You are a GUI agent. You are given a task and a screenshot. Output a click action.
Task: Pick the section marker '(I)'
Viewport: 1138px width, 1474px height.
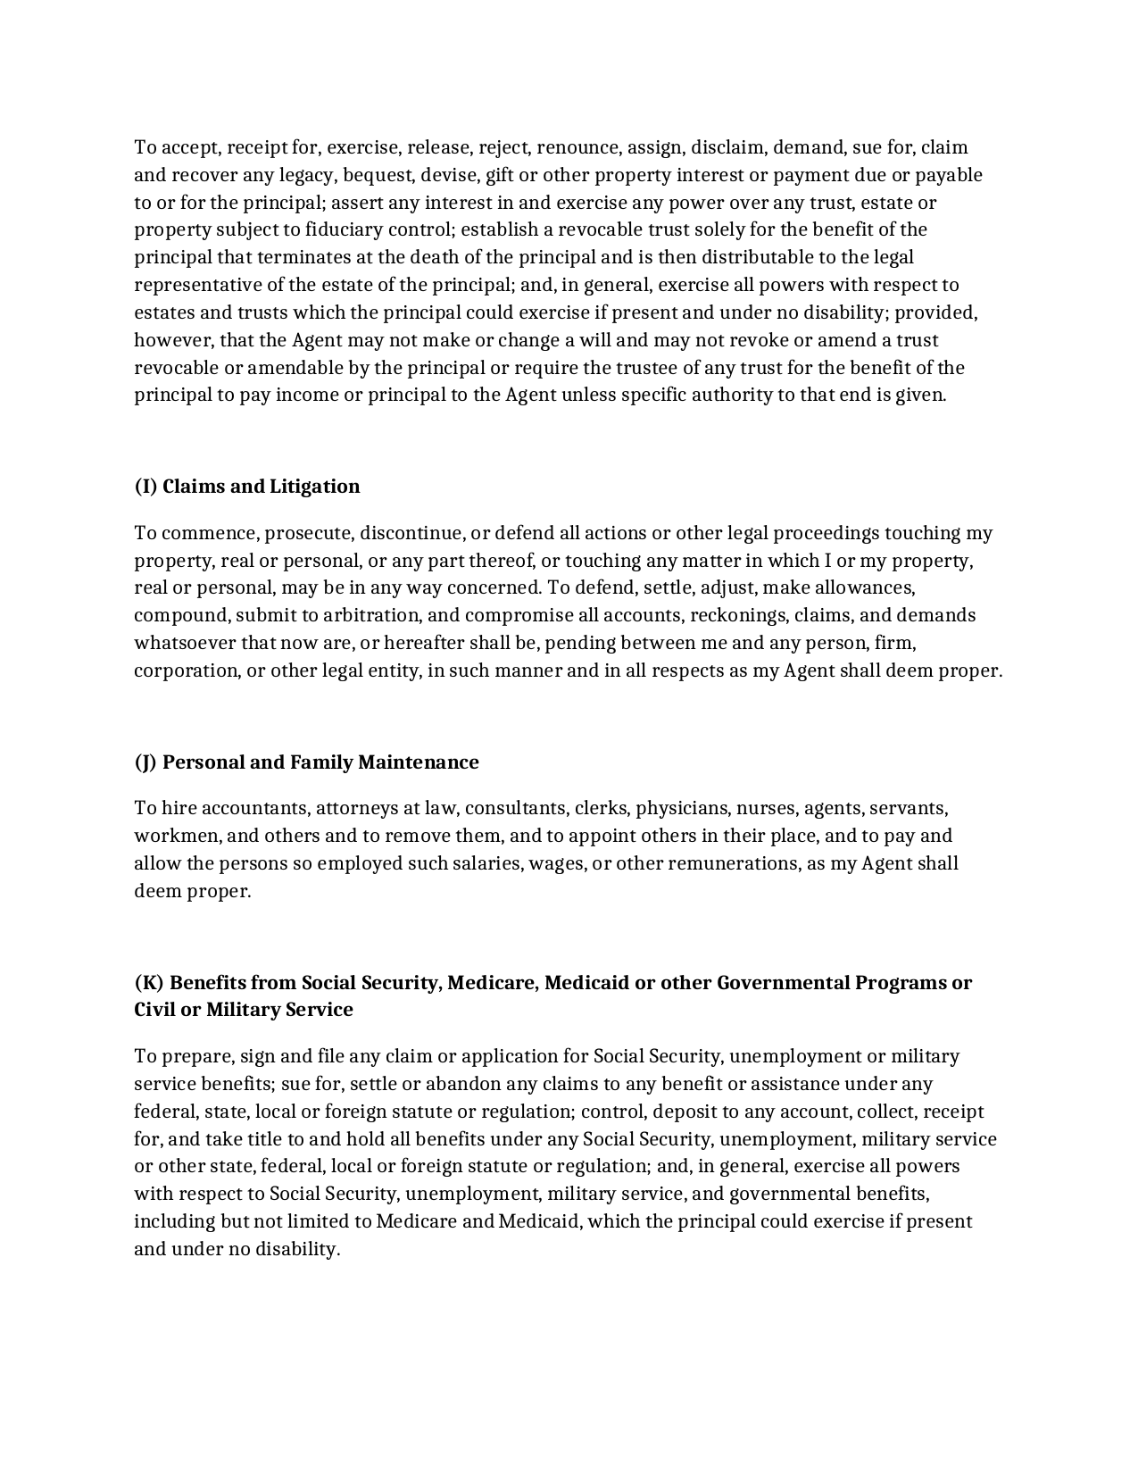(145, 487)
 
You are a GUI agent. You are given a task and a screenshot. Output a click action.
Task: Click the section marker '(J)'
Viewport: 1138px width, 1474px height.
(145, 762)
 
